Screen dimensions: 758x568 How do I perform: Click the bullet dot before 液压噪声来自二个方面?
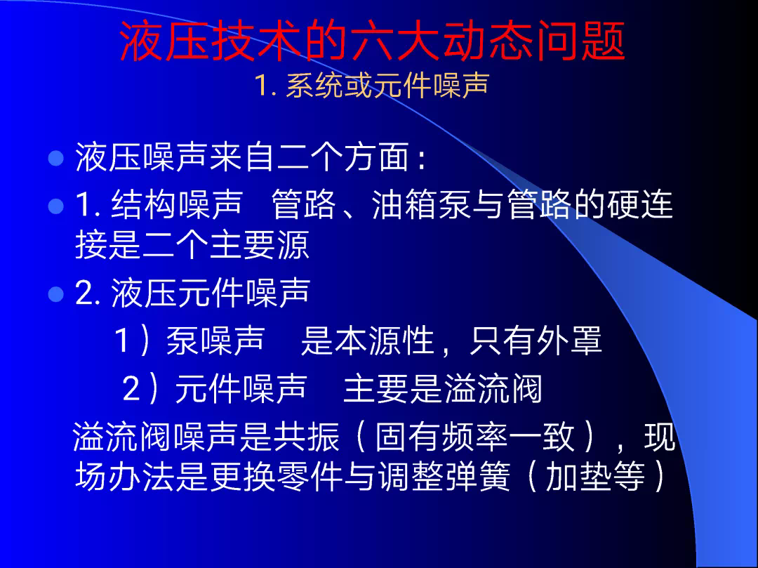(56, 158)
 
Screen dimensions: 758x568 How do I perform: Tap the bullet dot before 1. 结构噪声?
(56, 206)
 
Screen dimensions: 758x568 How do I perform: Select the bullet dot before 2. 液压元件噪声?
(56, 294)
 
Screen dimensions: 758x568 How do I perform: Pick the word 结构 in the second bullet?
(144, 204)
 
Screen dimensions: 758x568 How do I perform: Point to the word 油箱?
(405, 204)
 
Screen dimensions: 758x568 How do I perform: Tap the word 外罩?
(569, 341)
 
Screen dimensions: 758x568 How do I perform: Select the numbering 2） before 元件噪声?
(140, 388)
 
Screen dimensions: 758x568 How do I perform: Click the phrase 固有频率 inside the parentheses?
(441, 437)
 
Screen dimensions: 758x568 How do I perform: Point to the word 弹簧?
(477, 476)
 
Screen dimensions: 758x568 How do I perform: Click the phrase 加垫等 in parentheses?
(595, 476)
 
